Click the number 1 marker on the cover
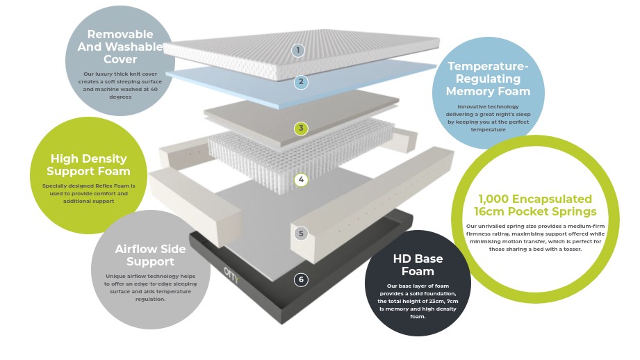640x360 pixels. point(298,50)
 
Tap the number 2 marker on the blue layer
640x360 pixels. point(301,82)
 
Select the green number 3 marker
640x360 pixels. point(301,129)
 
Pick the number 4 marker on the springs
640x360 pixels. point(301,180)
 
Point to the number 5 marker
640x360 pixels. point(301,234)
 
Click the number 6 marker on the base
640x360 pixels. point(301,280)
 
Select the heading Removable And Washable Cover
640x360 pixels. point(120,47)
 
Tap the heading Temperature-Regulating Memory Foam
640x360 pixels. point(488,79)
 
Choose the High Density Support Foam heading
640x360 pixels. point(88,165)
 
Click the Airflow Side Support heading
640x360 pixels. point(150,255)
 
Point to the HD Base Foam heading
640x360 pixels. point(418,265)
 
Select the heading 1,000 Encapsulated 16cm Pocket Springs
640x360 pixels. point(535,205)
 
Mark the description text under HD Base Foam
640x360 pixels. point(418,301)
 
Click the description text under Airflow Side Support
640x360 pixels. point(150,288)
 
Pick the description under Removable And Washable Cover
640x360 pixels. point(120,85)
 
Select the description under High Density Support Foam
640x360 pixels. point(88,193)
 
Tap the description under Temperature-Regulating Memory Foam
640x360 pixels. point(488,118)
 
